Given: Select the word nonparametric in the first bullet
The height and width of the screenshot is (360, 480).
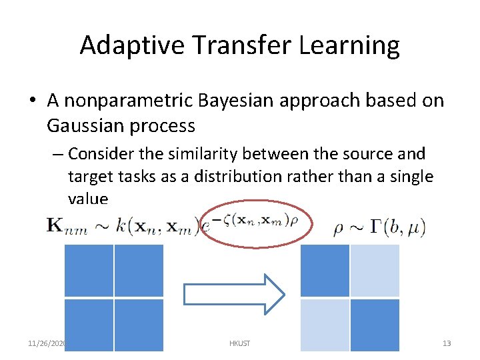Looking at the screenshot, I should click(127, 100).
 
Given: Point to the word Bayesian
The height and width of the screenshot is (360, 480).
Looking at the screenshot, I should click(229, 100).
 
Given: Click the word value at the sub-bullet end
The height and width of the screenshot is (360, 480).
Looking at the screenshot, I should click(87, 199).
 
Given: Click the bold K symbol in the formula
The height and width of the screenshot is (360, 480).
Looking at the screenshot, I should click(55, 225).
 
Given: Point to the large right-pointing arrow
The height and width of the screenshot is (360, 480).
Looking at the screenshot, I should click(234, 294).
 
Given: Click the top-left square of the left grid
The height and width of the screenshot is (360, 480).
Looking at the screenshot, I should click(89, 270).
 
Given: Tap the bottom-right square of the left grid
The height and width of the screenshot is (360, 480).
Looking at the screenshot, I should click(139, 325).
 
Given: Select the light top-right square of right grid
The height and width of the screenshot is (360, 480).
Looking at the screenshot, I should click(375, 270).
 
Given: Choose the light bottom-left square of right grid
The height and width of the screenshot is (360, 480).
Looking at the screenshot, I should click(325, 325).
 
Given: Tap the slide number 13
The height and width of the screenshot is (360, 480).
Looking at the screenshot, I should click(447, 343).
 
